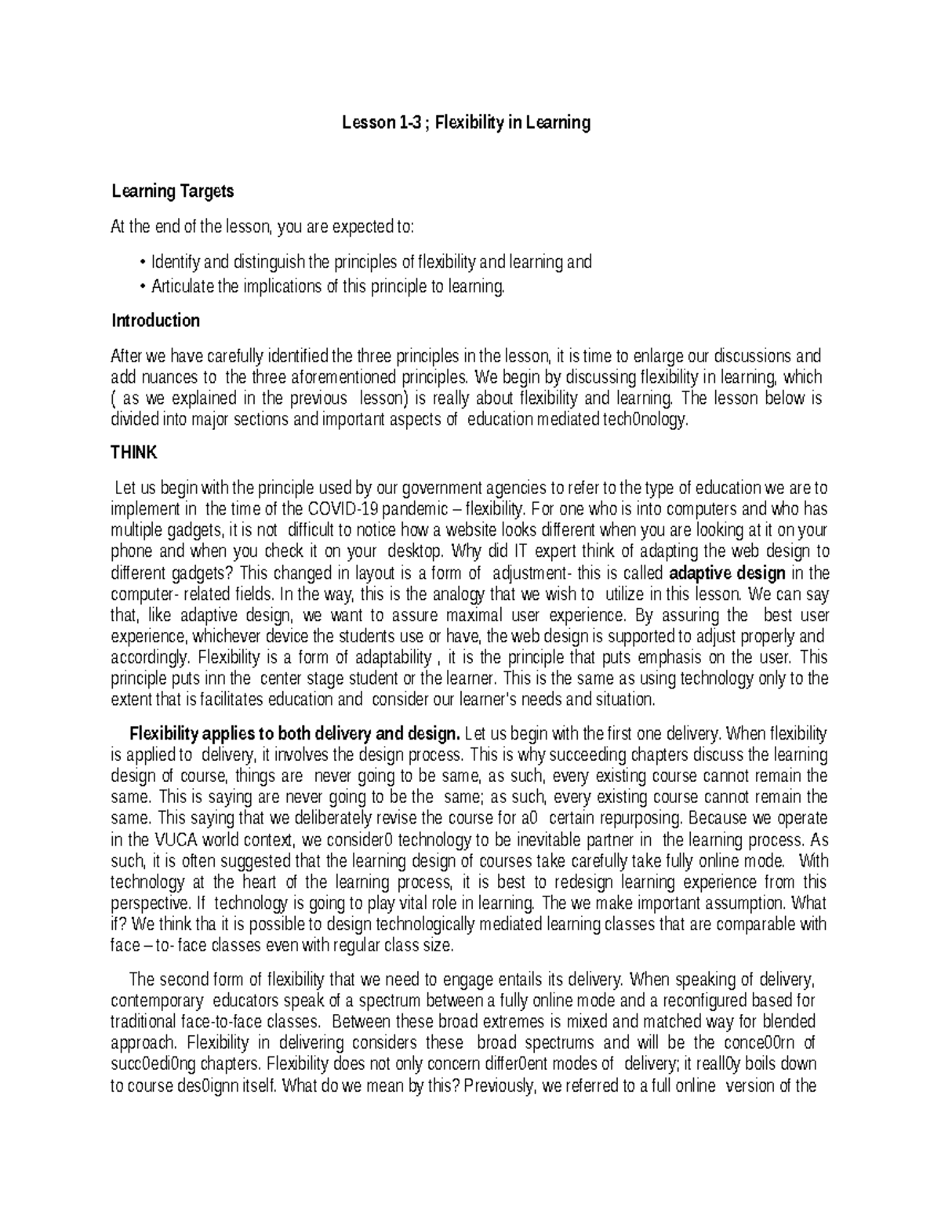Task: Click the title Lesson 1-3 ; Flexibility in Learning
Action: (x=466, y=122)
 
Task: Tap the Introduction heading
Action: (x=155, y=320)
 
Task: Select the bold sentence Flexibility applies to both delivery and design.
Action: (x=294, y=734)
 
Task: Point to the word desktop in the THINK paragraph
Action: (x=416, y=551)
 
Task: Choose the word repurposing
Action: (x=638, y=818)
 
